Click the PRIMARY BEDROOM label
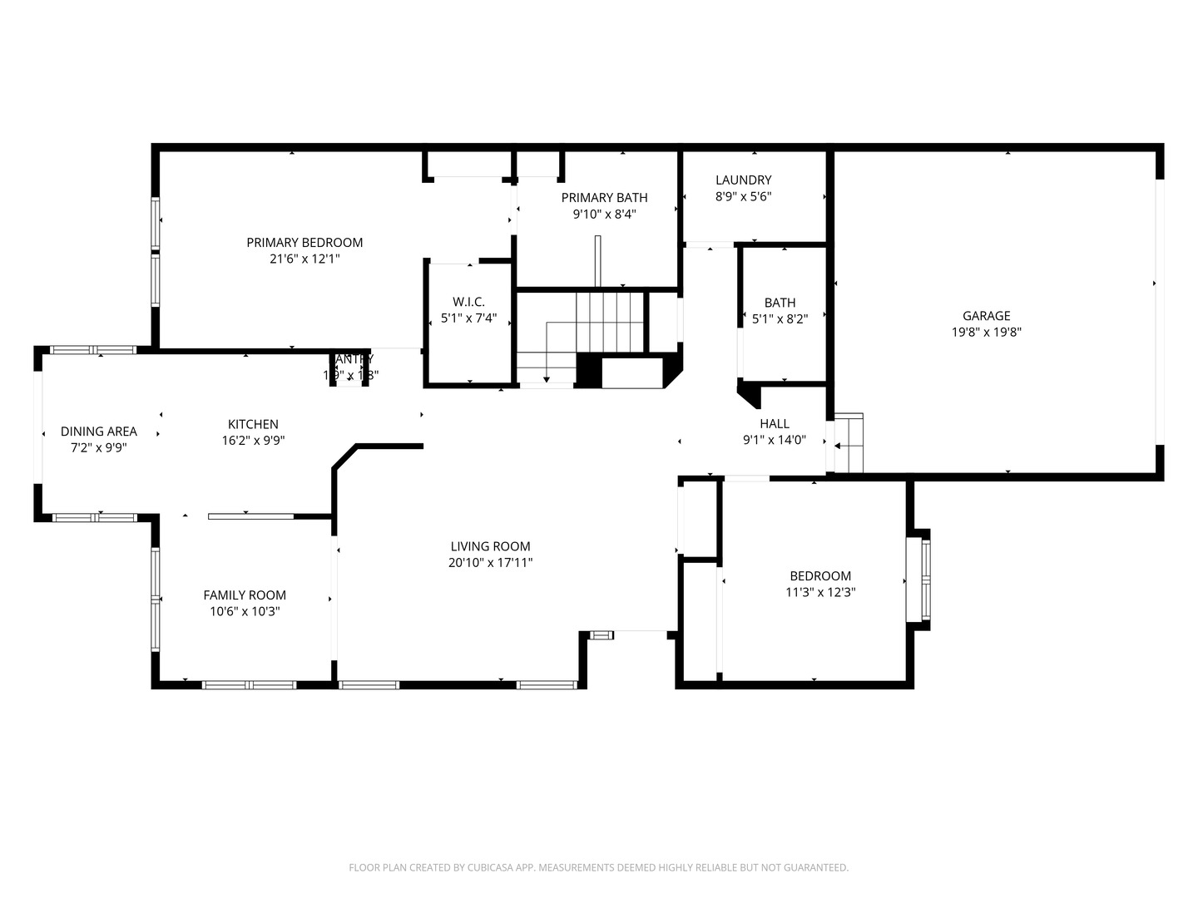point(304,243)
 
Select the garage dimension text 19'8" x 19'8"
point(986,333)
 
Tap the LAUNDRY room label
point(743,180)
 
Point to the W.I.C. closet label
point(468,302)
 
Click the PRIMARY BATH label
point(604,198)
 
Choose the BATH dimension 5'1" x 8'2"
point(780,318)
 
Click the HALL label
point(774,424)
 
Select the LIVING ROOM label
point(490,547)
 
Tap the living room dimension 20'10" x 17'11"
point(490,563)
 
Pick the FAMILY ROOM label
point(245,595)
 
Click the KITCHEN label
point(253,425)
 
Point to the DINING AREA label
point(98,432)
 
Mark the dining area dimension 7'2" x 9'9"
point(98,447)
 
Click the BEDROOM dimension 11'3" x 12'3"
point(820,593)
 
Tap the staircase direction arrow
point(547,378)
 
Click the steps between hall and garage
point(849,443)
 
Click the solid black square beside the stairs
point(588,371)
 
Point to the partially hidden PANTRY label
point(353,359)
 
